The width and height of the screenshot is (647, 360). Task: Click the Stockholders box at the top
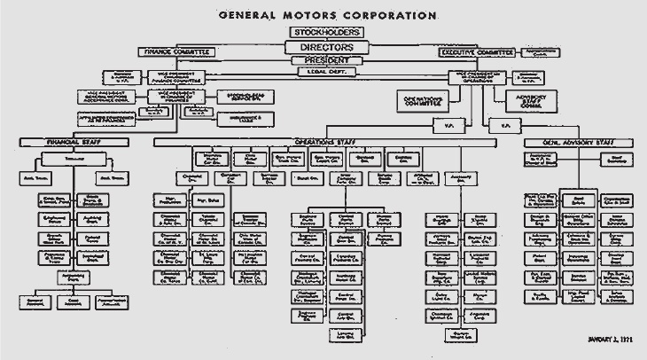pyautogui.click(x=323, y=32)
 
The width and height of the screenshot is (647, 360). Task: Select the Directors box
pyautogui.click(x=323, y=46)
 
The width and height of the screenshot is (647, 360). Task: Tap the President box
pyautogui.click(x=323, y=60)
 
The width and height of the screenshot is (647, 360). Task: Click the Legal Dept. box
pyautogui.click(x=323, y=70)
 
